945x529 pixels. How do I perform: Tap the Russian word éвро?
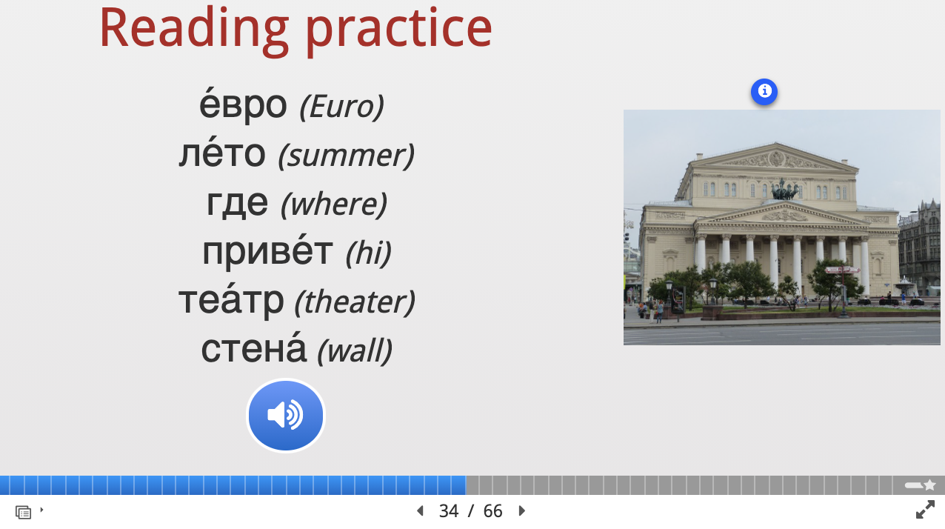[243, 104]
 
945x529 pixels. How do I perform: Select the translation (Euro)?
[341, 107]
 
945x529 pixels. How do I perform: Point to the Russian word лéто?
[222, 153]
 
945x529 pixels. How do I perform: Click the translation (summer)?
[346, 156]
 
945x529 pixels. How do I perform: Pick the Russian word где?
[237, 202]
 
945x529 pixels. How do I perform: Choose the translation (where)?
[333, 204]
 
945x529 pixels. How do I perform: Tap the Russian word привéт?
[267, 251]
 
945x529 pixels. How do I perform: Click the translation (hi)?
[368, 253]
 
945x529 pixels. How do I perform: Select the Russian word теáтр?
[231, 300]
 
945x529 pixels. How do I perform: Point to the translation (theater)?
[355, 302]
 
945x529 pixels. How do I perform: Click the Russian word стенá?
[253, 349]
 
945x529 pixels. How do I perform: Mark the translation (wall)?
[355, 351]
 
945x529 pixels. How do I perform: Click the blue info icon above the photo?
[764, 92]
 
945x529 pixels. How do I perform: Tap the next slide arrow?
[521, 510]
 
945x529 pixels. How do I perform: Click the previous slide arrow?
[420, 510]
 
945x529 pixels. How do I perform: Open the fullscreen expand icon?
[925, 510]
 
